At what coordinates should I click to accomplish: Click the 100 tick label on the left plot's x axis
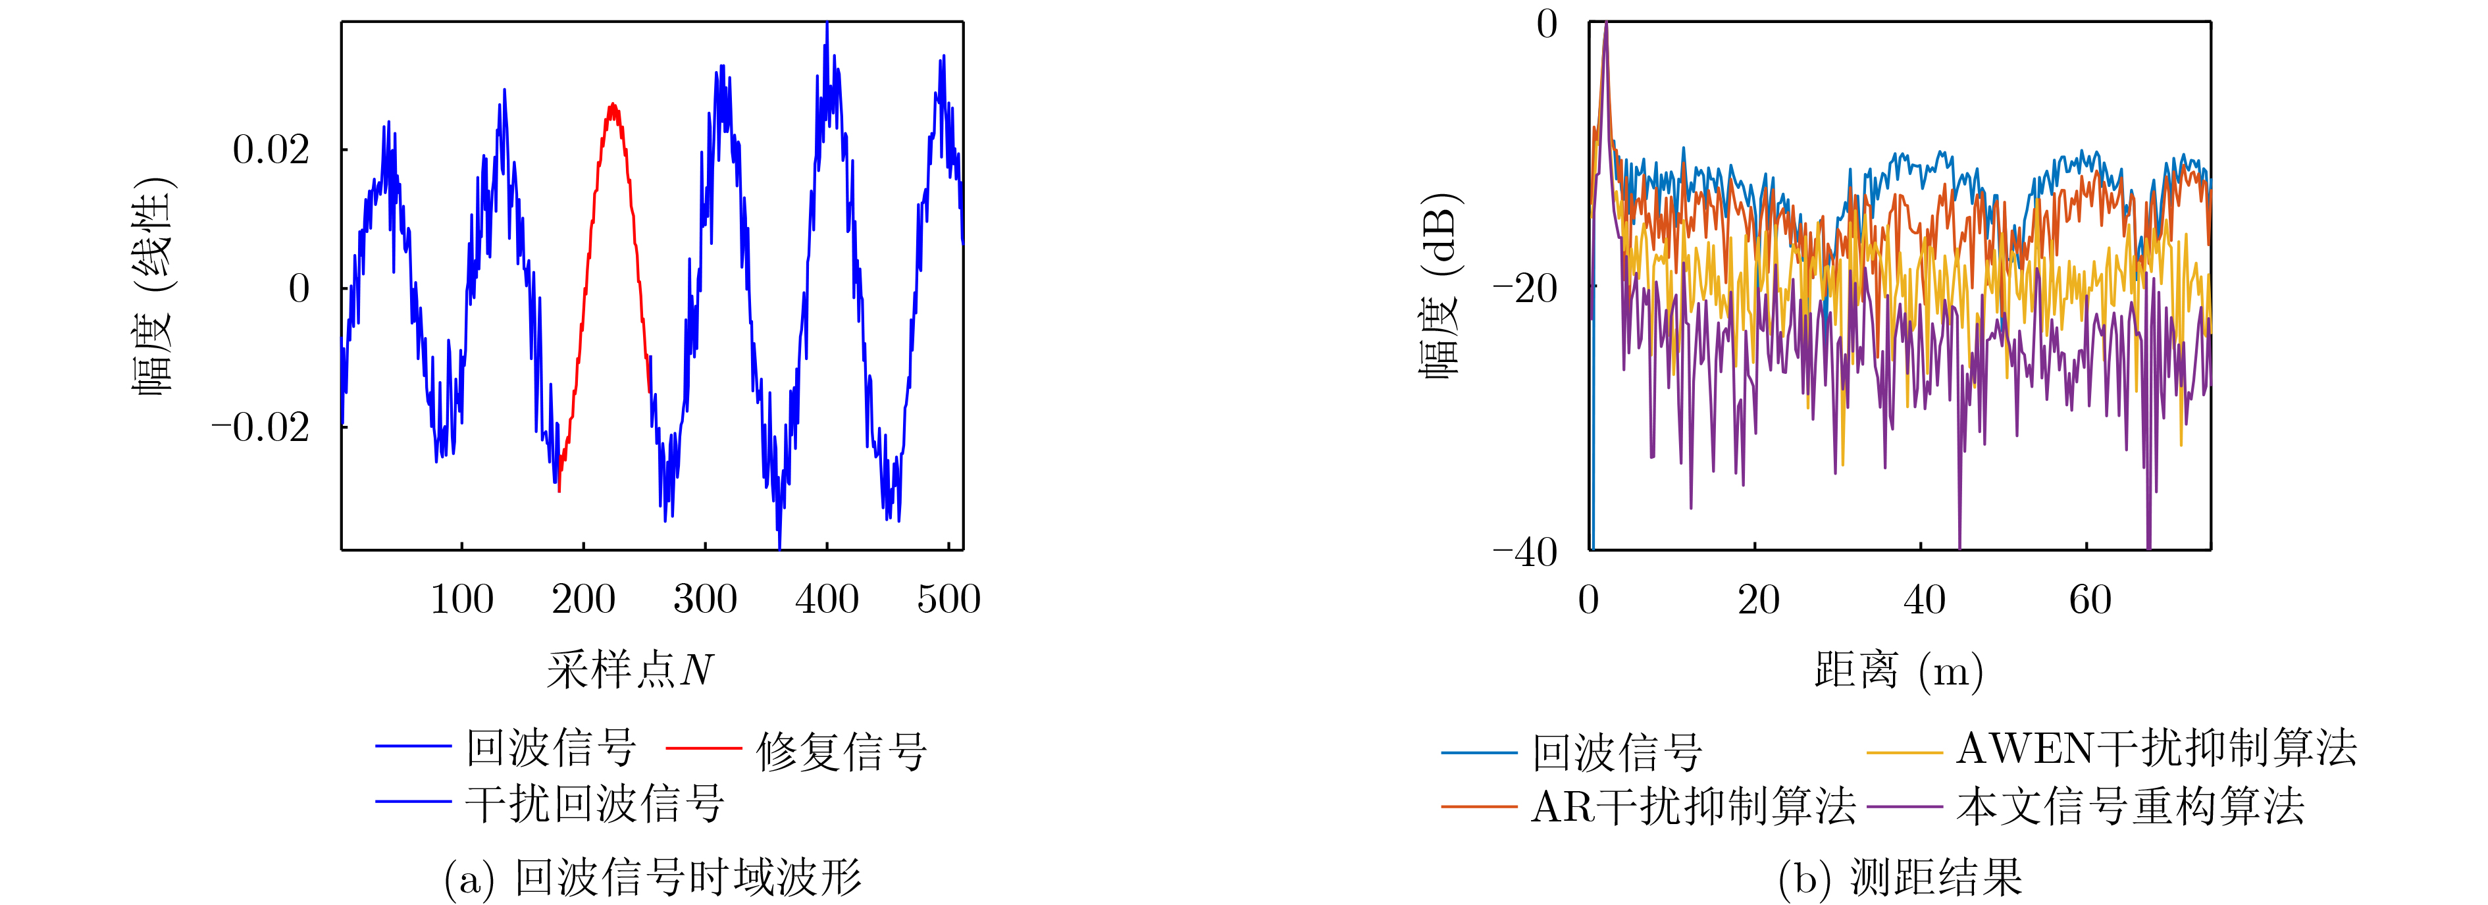tap(461, 600)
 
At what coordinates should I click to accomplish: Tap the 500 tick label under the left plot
tap(948, 600)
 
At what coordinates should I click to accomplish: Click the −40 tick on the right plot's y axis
tap(1525, 552)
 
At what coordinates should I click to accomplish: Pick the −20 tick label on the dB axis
tap(1525, 288)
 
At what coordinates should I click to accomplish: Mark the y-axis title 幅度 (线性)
tap(153, 287)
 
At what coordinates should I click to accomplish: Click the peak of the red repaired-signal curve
tap(611, 105)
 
